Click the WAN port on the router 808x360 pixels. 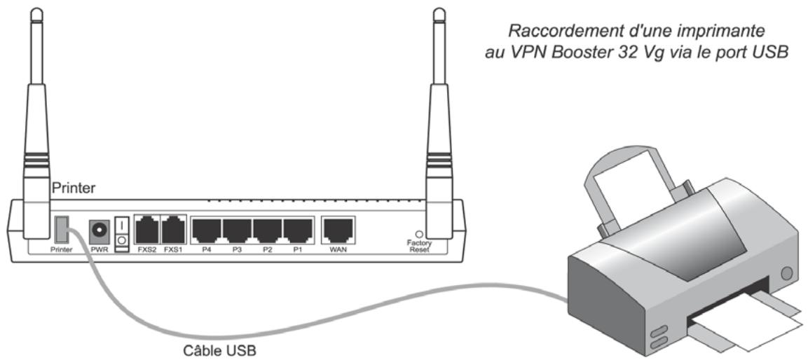coord(338,228)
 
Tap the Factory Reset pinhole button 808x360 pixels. coord(420,234)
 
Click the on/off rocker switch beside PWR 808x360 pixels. coord(121,231)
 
